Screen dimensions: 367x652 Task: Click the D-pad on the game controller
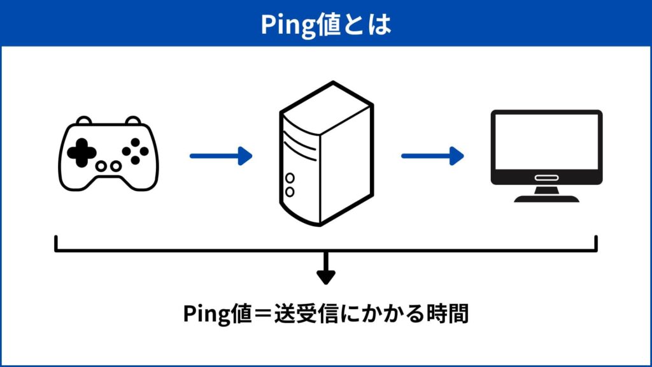81,152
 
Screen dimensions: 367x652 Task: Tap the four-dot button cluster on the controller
134,152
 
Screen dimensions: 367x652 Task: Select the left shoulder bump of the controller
83,120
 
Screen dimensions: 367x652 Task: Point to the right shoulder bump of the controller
132,120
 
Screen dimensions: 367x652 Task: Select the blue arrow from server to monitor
432,155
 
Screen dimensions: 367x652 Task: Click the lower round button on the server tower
290,191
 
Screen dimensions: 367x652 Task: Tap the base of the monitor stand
546,198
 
